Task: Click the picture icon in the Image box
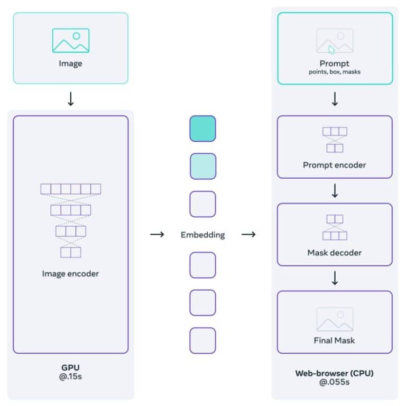pyautogui.click(x=70, y=41)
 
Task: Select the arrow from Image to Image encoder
pyautogui.click(x=70, y=99)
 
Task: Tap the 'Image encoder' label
pyautogui.click(x=70, y=274)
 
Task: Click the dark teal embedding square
pyautogui.click(x=202, y=128)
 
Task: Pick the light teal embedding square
pyautogui.click(x=202, y=166)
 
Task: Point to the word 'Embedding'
pyautogui.click(x=202, y=235)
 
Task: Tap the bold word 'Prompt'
pyautogui.click(x=334, y=64)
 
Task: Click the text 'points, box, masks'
pyautogui.click(x=334, y=72)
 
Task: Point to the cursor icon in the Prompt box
pyautogui.click(x=331, y=50)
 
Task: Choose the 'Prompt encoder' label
pyautogui.click(x=334, y=165)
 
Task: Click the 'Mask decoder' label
pyautogui.click(x=334, y=253)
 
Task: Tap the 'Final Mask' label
pyautogui.click(x=334, y=340)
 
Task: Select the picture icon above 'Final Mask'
pyautogui.click(x=334, y=319)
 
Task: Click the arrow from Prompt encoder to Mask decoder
pyautogui.click(x=334, y=190)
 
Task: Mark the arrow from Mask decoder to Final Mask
pyautogui.click(x=334, y=278)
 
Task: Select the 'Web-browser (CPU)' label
pyautogui.click(x=334, y=373)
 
